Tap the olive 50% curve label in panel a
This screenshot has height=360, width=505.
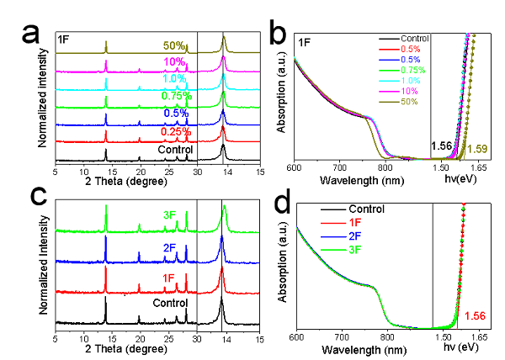click(x=173, y=45)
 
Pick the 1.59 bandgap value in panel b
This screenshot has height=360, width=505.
click(x=477, y=148)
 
